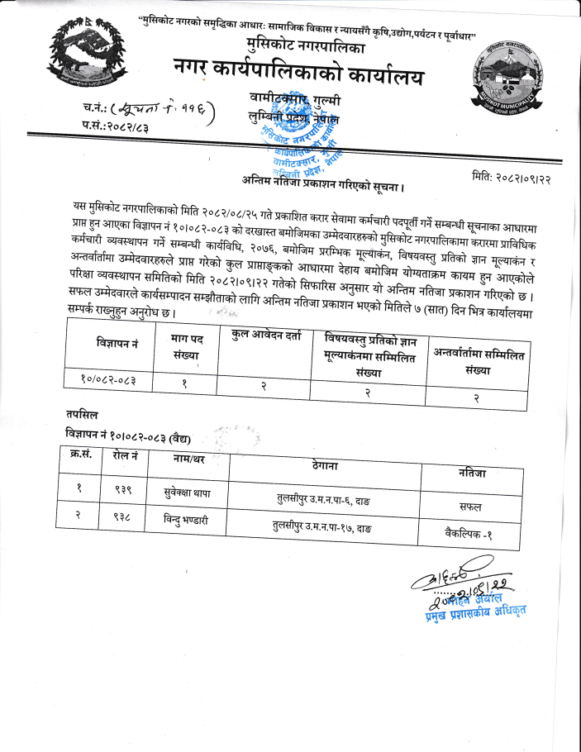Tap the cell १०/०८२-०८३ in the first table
click(x=109, y=378)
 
